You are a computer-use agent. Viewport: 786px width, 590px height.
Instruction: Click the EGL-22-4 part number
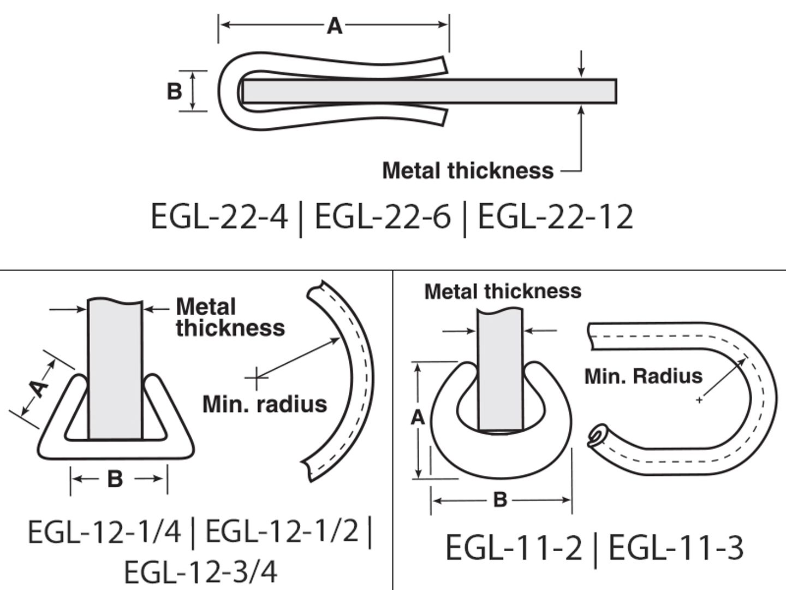click(x=219, y=216)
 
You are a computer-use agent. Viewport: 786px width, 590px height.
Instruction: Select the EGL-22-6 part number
click(x=383, y=216)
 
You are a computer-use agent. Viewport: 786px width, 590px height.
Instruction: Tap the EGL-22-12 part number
click(x=555, y=216)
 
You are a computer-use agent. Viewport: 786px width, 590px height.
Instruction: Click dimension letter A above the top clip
click(x=334, y=26)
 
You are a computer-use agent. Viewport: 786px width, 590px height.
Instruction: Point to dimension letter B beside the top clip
click(x=174, y=91)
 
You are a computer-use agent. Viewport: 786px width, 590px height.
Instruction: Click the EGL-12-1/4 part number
click(x=104, y=532)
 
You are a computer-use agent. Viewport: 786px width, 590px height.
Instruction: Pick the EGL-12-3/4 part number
click(x=200, y=572)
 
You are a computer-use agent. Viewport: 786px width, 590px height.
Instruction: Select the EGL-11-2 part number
click(x=514, y=548)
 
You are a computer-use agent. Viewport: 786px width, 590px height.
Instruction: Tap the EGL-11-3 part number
click(x=676, y=548)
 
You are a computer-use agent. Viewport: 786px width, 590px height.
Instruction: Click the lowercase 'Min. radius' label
click(x=265, y=404)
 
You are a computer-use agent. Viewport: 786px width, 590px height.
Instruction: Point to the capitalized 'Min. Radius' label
click(x=644, y=376)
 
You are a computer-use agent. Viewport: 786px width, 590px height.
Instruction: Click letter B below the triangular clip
click(x=115, y=479)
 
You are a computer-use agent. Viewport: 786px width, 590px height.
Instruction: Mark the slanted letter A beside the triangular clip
click(x=38, y=389)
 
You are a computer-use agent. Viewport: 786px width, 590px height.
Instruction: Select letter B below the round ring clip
click(x=500, y=499)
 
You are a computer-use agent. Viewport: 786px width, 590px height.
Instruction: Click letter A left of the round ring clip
click(x=418, y=418)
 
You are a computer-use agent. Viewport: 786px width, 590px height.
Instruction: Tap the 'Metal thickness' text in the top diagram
click(x=468, y=170)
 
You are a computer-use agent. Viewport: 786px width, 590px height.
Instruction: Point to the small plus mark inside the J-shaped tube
click(x=699, y=400)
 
